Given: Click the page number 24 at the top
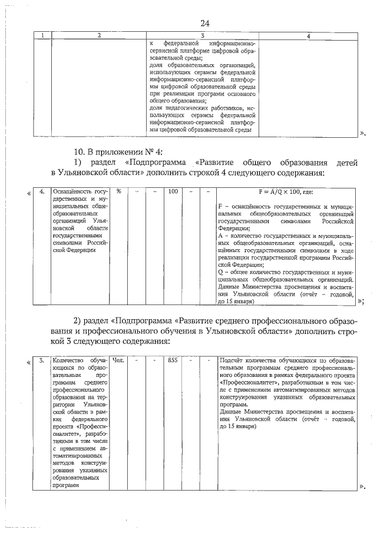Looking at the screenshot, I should pyautogui.click(x=205, y=23).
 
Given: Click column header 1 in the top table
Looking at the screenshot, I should pyautogui.click(x=42, y=37).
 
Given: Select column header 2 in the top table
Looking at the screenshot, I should pyautogui.click(x=99, y=37).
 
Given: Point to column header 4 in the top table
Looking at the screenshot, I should pyautogui.click(x=309, y=37).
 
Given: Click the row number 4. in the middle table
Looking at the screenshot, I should pyautogui.click(x=42, y=191).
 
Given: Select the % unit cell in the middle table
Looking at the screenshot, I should pyautogui.click(x=118, y=191).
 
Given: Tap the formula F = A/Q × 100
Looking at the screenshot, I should pyautogui.click(x=286, y=191).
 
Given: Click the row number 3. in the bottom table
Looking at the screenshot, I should pyautogui.click(x=42, y=360).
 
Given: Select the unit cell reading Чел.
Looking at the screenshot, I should pyautogui.click(x=118, y=360).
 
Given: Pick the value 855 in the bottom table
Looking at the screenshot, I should pyautogui.click(x=173, y=360).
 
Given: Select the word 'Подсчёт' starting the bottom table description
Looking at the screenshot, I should pyautogui.click(x=232, y=360).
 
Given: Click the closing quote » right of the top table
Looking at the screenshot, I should pyautogui.click(x=362, y=135).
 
